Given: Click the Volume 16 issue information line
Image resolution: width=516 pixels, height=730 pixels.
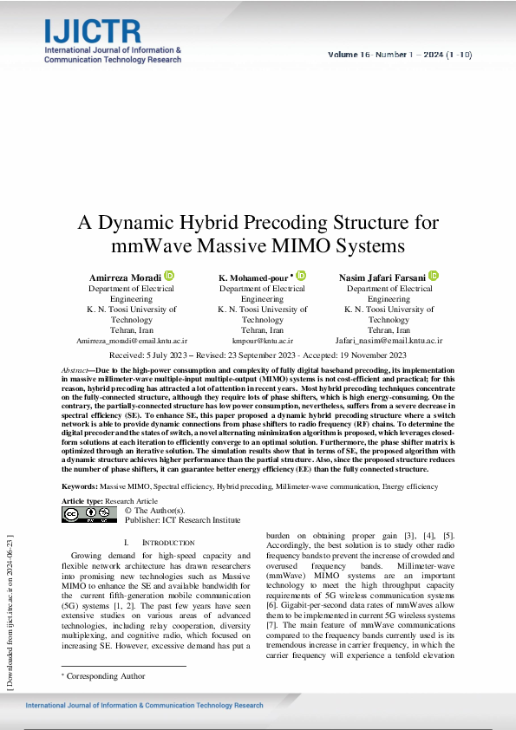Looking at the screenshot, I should (400, 55).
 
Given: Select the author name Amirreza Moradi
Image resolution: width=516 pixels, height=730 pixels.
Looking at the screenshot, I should (126, 277).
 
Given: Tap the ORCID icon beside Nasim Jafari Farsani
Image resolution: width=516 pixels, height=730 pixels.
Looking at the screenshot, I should (434, 276).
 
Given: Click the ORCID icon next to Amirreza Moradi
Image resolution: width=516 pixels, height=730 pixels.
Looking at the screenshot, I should (169, 276).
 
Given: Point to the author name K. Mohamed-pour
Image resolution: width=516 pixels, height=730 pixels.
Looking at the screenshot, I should (255, 277).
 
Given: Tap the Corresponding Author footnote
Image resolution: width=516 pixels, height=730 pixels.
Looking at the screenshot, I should (106, 675).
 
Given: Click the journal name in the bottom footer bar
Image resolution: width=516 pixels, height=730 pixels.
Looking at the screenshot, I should (144, 705).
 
